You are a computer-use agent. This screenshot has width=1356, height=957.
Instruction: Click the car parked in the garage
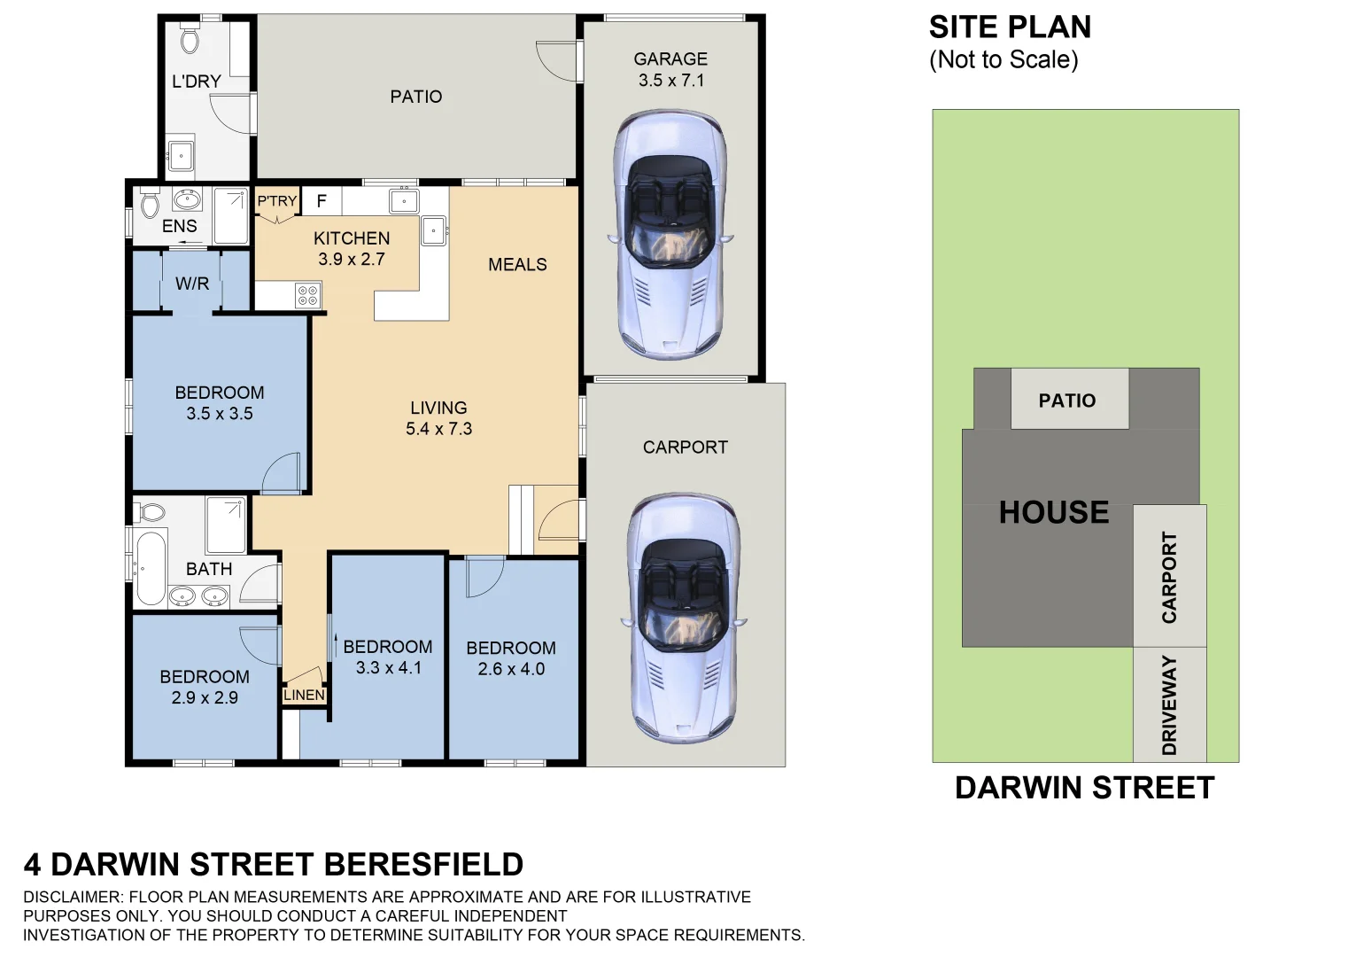point(670,235)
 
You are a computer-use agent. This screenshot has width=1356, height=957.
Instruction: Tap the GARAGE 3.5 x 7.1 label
point(670,70)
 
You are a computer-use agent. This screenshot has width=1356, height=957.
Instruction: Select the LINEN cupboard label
point(304,696)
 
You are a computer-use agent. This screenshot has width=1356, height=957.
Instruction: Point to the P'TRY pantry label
point(277,201)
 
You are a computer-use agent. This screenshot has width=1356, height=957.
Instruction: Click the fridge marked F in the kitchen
point(322,201)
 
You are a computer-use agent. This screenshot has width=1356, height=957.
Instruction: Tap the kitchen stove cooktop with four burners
point(308,295)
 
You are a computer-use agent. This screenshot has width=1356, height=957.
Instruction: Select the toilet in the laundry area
point(190,40)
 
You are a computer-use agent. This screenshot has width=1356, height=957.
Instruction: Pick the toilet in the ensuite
point(149,205)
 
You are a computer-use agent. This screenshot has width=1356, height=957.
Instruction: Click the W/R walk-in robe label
point(192,284)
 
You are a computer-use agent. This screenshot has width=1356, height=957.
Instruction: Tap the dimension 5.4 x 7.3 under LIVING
point(438,429)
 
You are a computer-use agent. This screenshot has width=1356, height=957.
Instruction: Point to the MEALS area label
point(517,264)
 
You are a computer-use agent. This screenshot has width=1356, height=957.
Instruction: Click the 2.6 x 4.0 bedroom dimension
point(511,670)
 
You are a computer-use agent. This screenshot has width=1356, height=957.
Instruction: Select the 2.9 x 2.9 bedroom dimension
point(205,698)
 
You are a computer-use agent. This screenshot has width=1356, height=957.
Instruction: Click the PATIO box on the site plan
point(1068,400)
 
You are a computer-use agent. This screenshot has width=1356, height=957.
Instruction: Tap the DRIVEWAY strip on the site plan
point(1169,704)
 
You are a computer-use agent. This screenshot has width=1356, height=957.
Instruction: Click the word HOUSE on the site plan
point(1053,512)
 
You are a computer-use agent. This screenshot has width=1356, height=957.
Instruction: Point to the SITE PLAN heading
point(1010,27)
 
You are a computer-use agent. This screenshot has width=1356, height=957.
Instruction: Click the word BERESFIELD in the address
point(423,864)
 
